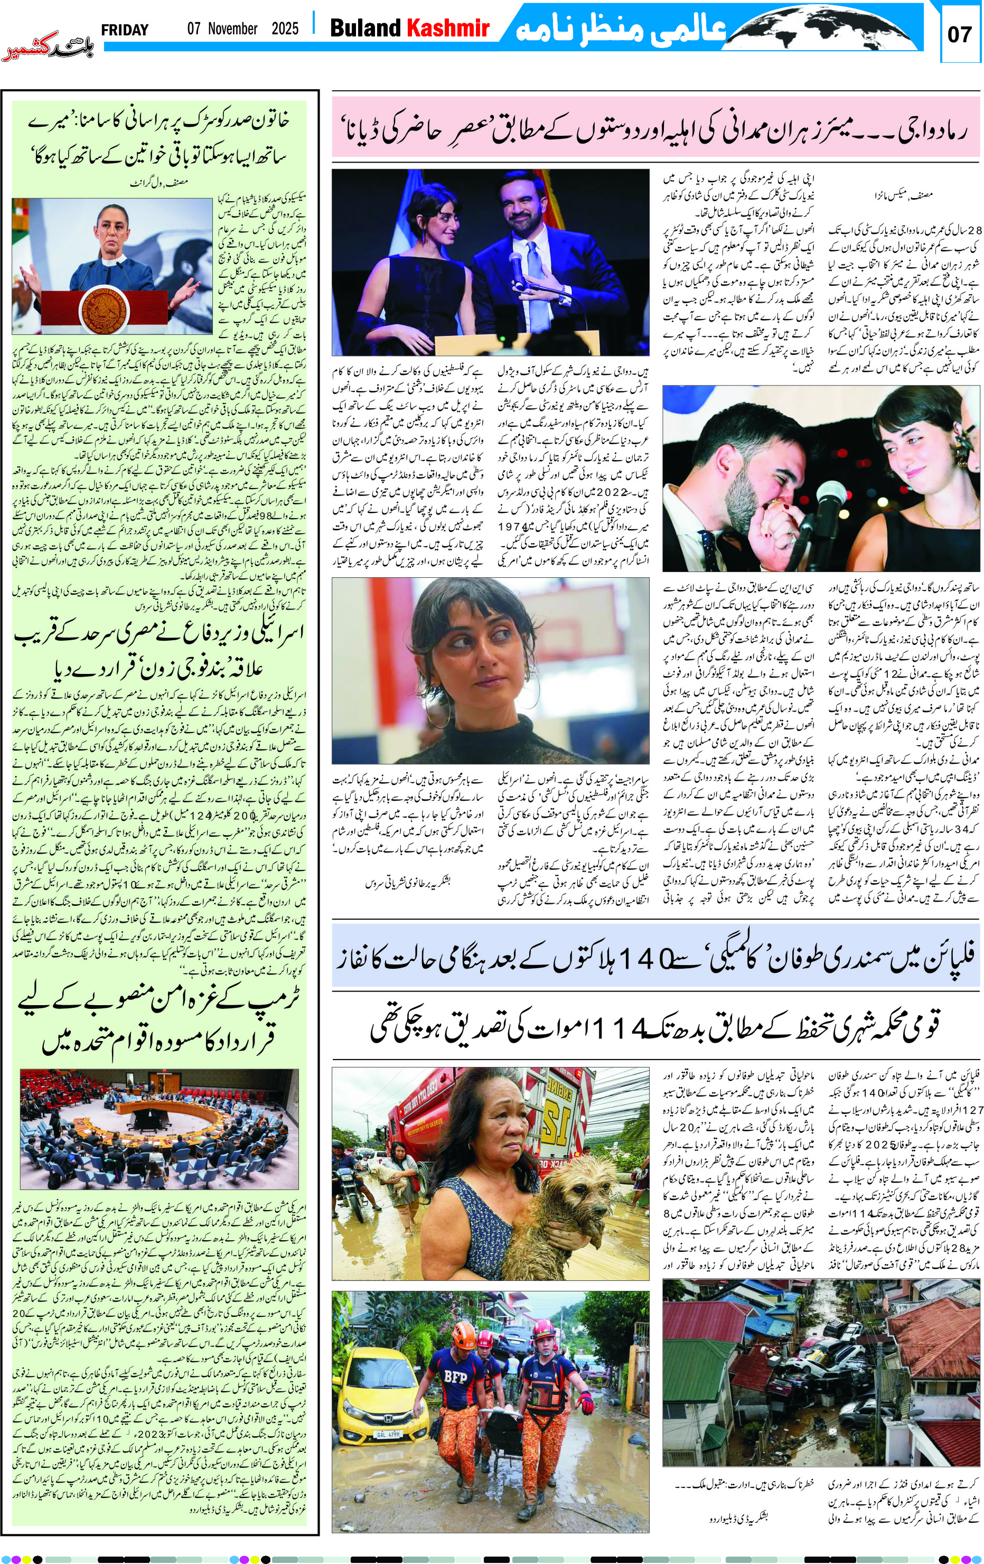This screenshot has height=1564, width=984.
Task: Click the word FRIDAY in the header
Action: point(125,30)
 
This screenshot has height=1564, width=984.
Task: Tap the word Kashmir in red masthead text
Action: point(447,28)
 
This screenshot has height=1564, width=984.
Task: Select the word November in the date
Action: point(232,29)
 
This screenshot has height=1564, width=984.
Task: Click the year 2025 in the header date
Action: point(285,29)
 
